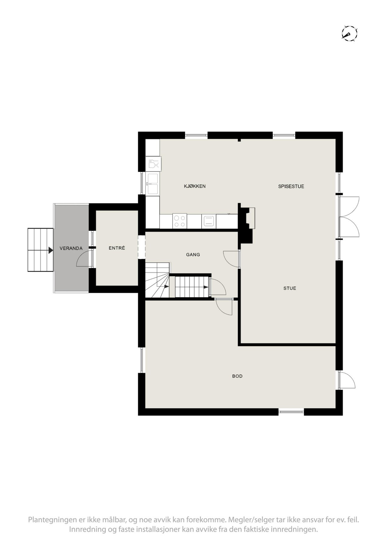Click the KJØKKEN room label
pos(195,186)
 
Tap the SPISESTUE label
pos(291,186)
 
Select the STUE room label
pos(289,288)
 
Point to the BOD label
pos(237,376)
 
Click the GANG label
pos(193,255)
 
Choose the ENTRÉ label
pos(117,248)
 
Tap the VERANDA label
pos(71,248)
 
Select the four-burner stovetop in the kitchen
pos(179,221)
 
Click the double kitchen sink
pos(152,184)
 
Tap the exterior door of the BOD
pos(347,380)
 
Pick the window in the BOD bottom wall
pos(291,412)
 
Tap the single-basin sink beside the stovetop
pos(209,221)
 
